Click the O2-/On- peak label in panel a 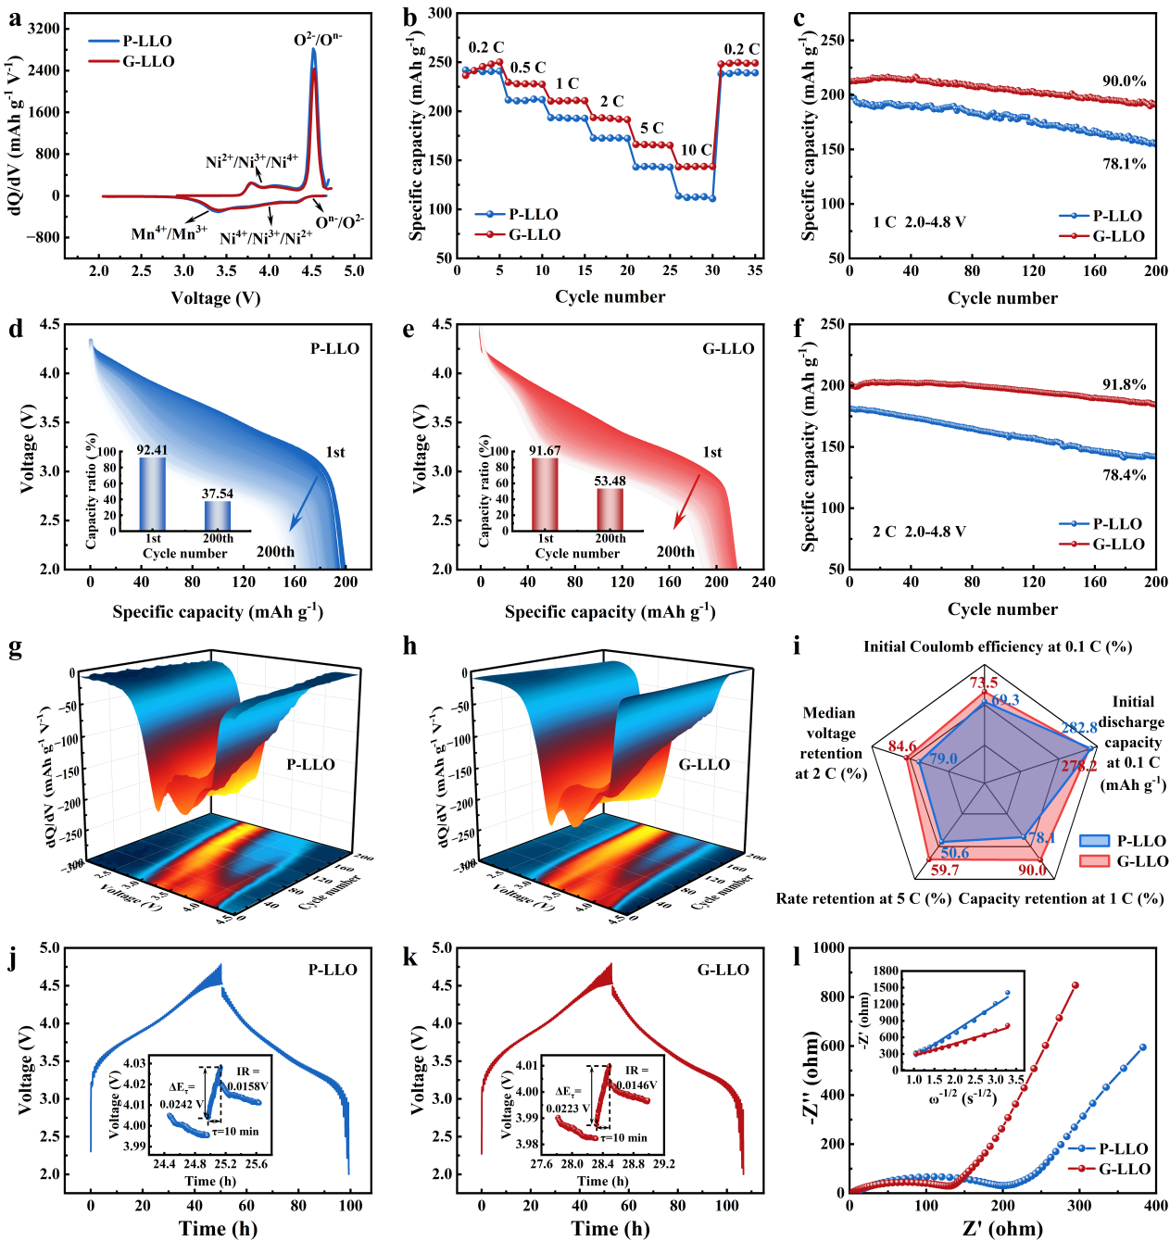[317, 40]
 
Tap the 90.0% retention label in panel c [1124, 81]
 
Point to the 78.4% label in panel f [1124, 475]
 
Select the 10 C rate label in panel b [696, 150]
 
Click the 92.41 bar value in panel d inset [153, 450]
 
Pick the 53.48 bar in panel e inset [610, 508]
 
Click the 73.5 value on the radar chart [984, 683]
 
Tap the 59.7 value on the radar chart [944, 870]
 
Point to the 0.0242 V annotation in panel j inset [182, 1104]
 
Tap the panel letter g [15, 647]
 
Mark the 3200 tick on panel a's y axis [43, 29]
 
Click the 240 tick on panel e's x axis [763, 583]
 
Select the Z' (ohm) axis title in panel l [1002, 1229]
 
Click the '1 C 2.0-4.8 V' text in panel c [919, 222]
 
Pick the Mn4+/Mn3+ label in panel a [168, 233]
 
